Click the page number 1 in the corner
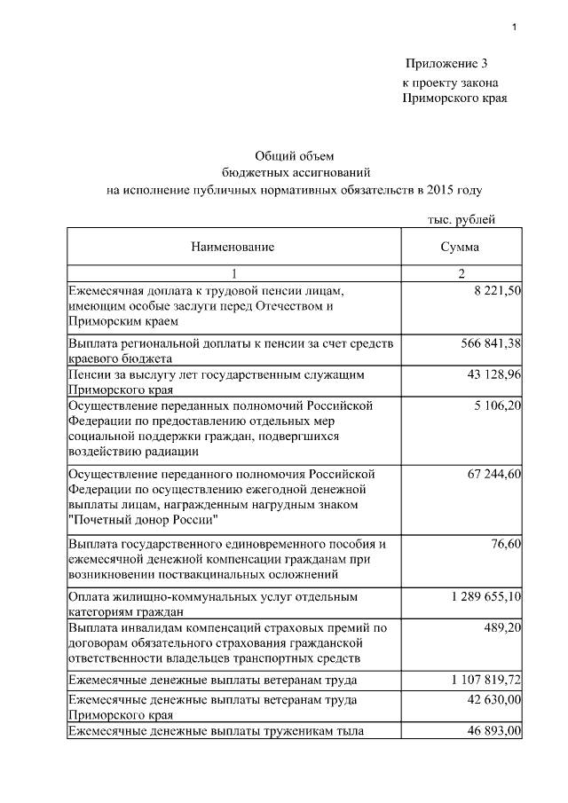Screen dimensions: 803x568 pos(514,28)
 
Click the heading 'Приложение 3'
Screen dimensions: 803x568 pos(446,63)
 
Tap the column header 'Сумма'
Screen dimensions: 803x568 pos(460,247)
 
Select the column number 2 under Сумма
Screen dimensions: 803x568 pos(460,273)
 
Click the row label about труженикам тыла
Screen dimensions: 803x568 pos(216,731)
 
